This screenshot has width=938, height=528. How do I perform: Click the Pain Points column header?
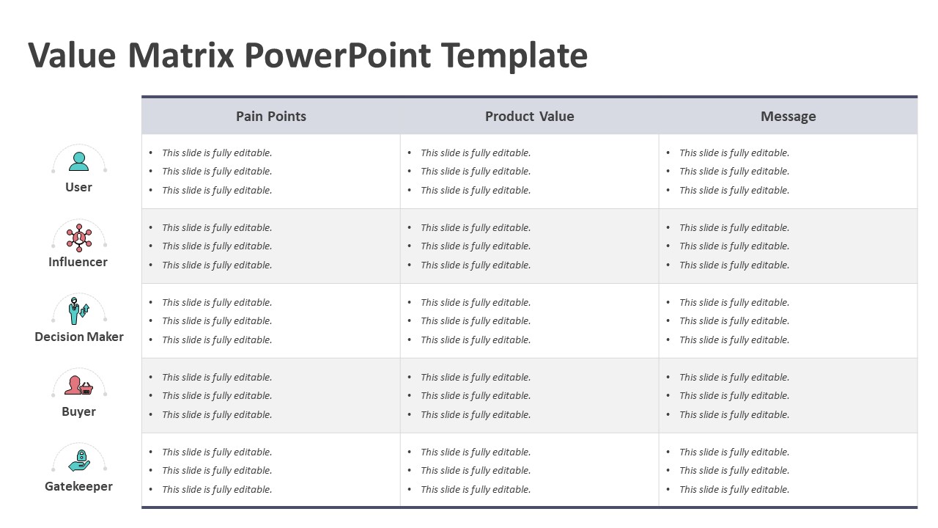tap(271, 116)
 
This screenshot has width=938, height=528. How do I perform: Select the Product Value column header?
tap(529, 116)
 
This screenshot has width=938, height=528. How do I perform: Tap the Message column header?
tap(788, 116)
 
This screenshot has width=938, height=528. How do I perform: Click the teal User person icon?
tap(78, 161)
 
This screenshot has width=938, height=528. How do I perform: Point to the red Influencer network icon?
tap(78, 238)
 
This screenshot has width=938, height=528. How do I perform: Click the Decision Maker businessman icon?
tap(78, 311)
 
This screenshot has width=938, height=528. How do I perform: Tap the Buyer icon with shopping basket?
tap(78, 385)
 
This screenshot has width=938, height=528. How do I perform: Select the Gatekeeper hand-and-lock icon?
tap(79, 461)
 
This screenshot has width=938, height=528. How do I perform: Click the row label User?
tap(78, 187)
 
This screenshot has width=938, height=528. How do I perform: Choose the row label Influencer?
tap(78, 262)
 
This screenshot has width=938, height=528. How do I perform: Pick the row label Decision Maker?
tap(79, 337)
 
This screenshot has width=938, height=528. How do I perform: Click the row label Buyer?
tap(78, 411)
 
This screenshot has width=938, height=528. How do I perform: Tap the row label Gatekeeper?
tap(78, 486)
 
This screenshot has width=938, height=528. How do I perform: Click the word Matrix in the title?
tap(180, 55)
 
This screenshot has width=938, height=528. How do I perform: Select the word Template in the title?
tap(514, 56)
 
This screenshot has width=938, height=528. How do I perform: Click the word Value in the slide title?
tap(72, 55)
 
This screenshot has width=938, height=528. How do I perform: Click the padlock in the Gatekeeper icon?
tap(81, 455)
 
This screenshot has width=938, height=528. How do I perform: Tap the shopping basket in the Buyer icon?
tap(86, 389)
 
